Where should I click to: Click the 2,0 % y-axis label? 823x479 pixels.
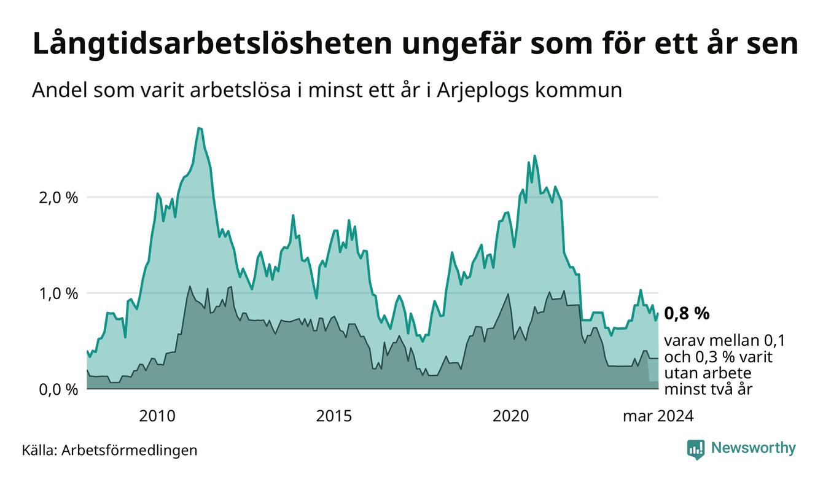tap(58, 198)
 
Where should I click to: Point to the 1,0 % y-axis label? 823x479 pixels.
tap(58, 294)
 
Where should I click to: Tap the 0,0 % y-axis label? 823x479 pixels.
tap(58, 389)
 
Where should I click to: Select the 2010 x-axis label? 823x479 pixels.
tap(157, 416)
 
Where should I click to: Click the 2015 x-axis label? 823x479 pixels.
tap(334, 416)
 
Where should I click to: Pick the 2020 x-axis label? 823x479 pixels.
tap(511, 416)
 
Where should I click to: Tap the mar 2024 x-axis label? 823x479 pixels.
tap(658, 416)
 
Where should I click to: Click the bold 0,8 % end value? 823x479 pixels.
tap(687, 314)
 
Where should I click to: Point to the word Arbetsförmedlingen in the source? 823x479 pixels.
tap(130, 450)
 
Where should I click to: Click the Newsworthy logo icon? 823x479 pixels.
tap(695, 450)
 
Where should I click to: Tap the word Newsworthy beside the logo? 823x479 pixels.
tap(753, 448)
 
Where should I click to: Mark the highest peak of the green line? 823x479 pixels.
tap(199, 128)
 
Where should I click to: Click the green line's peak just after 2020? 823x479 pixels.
tap(534, 156)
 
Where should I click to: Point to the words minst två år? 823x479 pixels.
tap(708, 389)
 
